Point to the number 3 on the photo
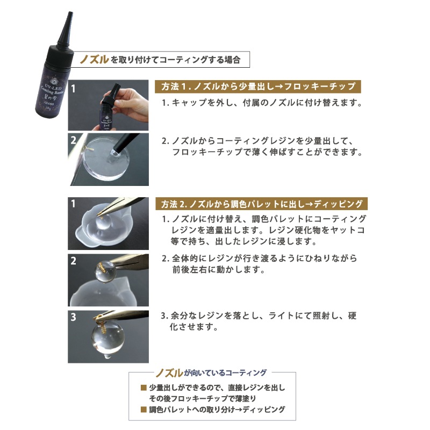74,317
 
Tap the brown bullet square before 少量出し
144,388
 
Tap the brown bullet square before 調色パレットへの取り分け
144,409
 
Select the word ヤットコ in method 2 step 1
349,230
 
